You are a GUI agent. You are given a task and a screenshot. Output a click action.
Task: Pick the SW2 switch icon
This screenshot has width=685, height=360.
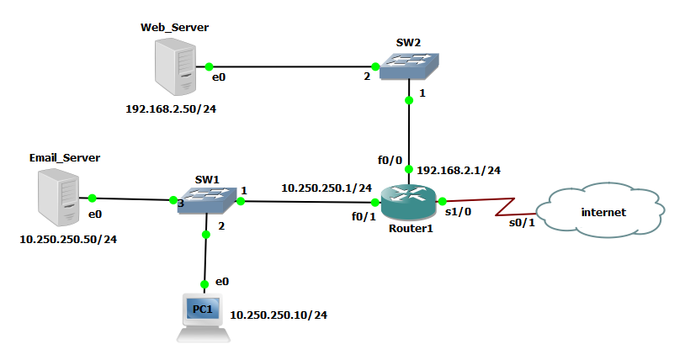[408, 66]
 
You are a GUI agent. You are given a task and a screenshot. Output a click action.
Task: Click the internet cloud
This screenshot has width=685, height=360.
[603, 212]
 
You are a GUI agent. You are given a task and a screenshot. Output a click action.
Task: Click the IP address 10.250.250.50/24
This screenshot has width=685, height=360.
[67, 240]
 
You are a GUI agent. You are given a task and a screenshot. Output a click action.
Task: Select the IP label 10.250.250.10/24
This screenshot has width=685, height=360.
[279, 315]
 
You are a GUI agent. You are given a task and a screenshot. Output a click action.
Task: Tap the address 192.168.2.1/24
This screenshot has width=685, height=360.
[459, 170]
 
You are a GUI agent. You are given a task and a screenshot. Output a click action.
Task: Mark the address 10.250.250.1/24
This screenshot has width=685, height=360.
[327, 188]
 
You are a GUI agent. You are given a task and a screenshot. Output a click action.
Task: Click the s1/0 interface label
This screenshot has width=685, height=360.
[458, 212]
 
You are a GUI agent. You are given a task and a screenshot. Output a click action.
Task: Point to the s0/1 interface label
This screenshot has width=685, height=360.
[521, 223]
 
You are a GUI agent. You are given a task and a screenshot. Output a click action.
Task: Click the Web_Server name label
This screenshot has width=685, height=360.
[174, 28]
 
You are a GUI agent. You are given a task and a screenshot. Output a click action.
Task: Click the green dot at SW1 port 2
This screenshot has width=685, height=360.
[206, 236]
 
